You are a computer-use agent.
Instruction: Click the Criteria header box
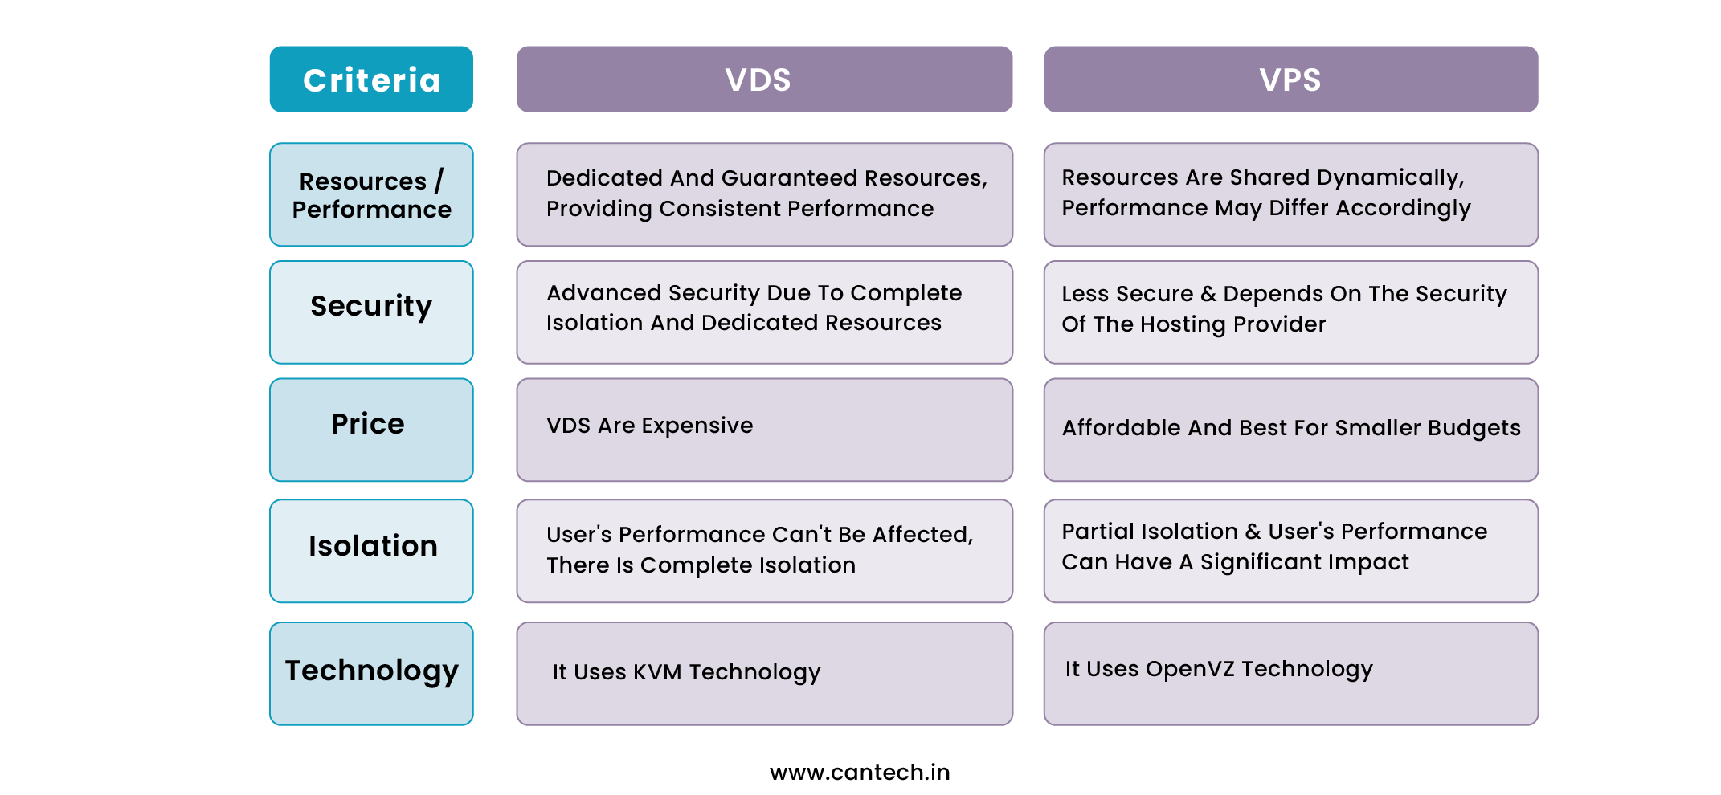[371, 79]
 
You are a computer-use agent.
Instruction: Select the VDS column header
[764, 79]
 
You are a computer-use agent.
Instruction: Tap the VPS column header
[1291, 79]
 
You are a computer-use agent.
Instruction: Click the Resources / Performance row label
[371, 194]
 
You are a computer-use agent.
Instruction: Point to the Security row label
[371, 312]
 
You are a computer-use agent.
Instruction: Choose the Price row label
[371, 430]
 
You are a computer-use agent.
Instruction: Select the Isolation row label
[371, 551]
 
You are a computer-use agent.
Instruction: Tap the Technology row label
[371, 674]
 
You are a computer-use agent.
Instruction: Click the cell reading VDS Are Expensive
[764, 430]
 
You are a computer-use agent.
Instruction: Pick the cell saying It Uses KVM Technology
[764, 674]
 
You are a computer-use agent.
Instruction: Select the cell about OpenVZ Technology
[1291, 674]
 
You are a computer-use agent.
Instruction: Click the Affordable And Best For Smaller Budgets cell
[1291, 430]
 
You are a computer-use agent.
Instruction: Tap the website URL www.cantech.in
[860, 773]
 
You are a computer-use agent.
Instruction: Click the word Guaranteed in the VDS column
[790, 178]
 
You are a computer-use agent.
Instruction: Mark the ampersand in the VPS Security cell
[1208, 294]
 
